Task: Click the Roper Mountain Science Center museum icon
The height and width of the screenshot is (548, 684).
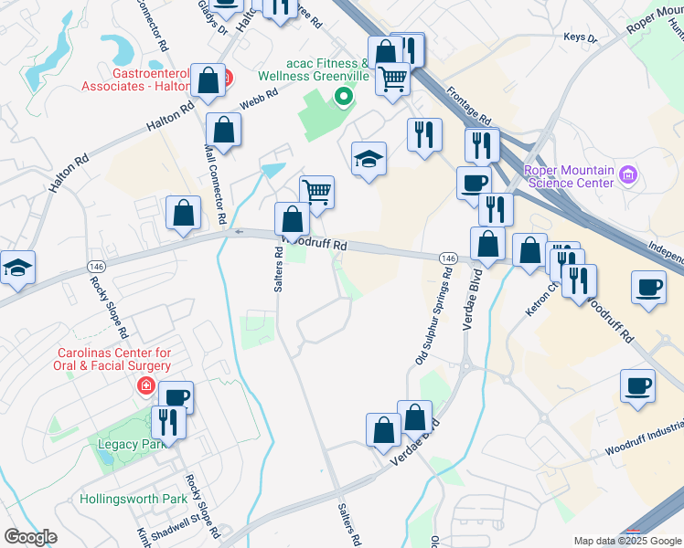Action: pyautogui.click(x=627, y=174)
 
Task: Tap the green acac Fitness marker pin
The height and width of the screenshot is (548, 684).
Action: pyautogui.click(x=344, y=96)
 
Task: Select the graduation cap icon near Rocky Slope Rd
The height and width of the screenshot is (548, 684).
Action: pyautogui.click(x=17, y=268)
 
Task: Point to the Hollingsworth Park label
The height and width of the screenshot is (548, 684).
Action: pyautogui.click(x=134, y=499)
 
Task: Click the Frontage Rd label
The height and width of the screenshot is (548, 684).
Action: pyautogui.click(x=470, y=106)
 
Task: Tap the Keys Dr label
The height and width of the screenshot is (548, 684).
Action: pyautogui.click(x=580, y=38)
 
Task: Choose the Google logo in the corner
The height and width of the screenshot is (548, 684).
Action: pyautogui.click(x=30, y=537)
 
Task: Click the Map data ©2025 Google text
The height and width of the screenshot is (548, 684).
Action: pyautogui.click(x=626, y=541)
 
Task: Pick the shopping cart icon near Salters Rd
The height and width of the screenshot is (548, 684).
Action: pyautogui.click(x=316, y=192)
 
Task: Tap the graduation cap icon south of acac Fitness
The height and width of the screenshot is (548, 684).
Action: pyautogui.click(x=369, y=159)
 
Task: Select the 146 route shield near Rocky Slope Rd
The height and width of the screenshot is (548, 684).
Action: pyautogui.click(x=96, y=266)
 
